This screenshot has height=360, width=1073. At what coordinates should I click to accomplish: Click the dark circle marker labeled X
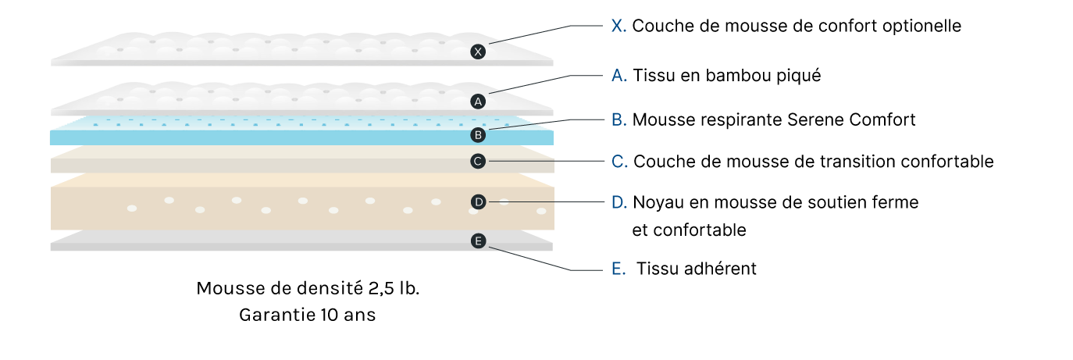479,52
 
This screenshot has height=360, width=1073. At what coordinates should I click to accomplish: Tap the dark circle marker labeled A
479,102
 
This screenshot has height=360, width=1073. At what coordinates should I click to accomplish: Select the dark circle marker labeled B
479,135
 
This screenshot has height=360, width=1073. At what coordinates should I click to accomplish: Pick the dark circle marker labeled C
479,162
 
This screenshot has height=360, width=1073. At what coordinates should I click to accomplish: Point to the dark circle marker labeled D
479,202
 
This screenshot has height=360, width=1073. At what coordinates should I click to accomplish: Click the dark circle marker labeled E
479,241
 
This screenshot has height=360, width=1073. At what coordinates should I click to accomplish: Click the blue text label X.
618,26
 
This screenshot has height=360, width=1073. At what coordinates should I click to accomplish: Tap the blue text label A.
618,76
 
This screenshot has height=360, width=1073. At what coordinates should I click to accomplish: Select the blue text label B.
618,120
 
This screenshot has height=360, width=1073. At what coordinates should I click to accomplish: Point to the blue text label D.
618,203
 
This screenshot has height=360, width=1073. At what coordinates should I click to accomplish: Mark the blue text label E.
618,269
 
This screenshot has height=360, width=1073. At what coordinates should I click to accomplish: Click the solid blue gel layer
273,137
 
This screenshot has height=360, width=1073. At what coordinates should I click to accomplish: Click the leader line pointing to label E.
539,261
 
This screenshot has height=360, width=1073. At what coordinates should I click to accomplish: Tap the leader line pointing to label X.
539,32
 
